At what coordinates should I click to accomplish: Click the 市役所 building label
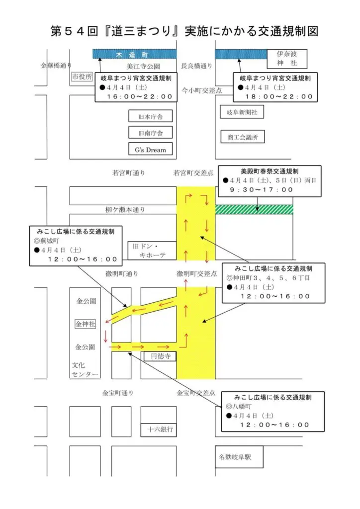click(x=82, y=77)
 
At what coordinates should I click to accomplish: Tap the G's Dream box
click(x=150, y=149)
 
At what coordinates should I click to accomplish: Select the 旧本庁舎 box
click(x=150, y=117)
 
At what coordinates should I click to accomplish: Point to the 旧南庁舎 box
click(x=150, y=133)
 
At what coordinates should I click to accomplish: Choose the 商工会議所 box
click(x=242, y=137)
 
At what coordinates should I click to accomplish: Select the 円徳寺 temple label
click(x=160, y=356)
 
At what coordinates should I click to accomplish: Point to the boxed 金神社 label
click(x=85, y=324)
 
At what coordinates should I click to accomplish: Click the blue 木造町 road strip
click(x=134, y=54)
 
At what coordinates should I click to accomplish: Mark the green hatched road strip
click(x=254, y=210)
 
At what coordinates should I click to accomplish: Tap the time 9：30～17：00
click(x=261, y=189)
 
